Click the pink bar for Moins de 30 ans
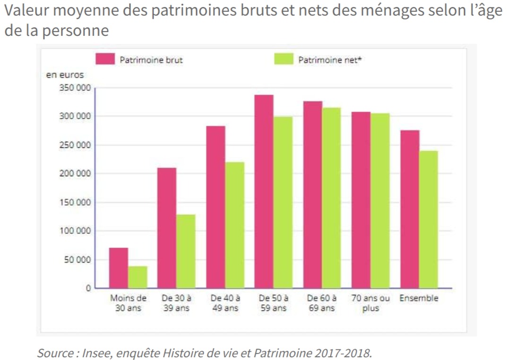(x=119, y=268)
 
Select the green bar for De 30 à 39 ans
(x=186, y=251)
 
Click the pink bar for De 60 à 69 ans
(x=313, y=195)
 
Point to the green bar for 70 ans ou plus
(x=380, y=201)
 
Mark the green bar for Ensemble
(x=429, y=219)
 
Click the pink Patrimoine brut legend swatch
(x=105, y=59)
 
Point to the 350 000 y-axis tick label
(x=75, y=88)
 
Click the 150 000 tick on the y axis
(x=75, y=203)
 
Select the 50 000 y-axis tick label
(x=77, y=260)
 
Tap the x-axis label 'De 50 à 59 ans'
(x=273, y=303)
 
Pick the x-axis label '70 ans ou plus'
(x=371, y=303)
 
